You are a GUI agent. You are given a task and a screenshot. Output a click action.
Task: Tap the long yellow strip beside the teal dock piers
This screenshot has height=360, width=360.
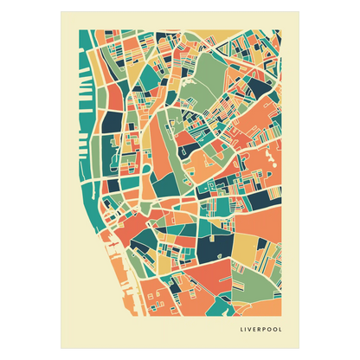pos(97,95)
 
